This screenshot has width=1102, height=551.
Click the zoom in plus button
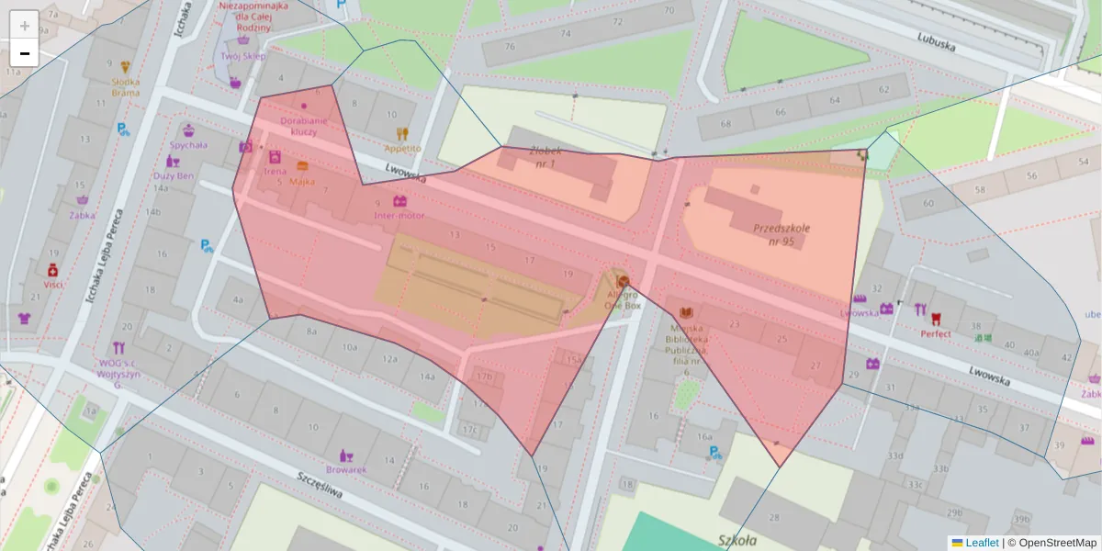coord(25,25)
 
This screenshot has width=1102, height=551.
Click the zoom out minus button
coord(25,53)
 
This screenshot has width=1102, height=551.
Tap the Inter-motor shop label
coord(399,216)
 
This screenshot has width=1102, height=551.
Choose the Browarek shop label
coord(346,469)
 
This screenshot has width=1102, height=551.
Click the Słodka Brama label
coord(126,86)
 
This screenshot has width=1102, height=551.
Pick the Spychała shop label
coord(188,144)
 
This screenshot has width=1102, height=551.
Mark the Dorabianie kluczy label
coord(304,126)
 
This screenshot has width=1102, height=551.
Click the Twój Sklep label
coord(243,55)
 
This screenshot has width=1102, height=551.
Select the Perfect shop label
coord(936,334)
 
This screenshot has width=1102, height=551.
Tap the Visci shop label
coord(52,285)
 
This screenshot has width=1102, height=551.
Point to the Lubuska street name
coord(937,40)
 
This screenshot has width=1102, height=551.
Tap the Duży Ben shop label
coord(174,175)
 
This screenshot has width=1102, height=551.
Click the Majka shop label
coord(302,181)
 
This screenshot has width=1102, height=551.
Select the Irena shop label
coord(275,171)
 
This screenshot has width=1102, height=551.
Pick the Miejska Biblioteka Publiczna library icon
coord(686,314)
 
